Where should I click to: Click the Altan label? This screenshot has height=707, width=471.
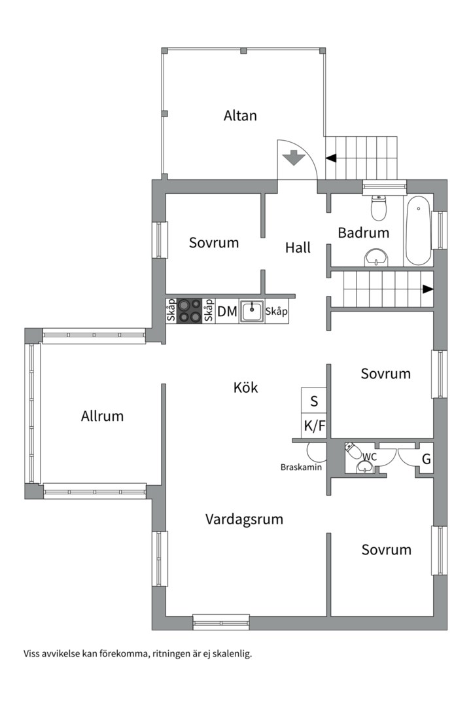[240, 115]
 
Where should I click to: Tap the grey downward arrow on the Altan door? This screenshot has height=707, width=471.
[294, 157]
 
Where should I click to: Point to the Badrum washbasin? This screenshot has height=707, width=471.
[376, 257]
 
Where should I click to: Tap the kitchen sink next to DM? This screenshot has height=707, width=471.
[252, 311]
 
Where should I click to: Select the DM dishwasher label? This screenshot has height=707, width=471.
[227, 312]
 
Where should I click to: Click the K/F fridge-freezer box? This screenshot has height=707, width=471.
[314, 426]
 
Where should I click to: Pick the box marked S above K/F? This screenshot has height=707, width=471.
[314, 401]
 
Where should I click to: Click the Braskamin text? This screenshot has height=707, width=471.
[301, 467]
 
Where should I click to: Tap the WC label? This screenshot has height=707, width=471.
[370, 457]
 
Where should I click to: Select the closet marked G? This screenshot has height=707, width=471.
[425, 458]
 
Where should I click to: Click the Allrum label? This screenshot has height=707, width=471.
[102, 416]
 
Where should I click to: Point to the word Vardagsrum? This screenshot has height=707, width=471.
[244, 519]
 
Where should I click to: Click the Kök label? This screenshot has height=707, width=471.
[246, 388]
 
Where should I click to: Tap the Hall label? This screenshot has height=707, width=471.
[298, 247]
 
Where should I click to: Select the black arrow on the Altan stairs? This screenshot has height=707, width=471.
[331, 158]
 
